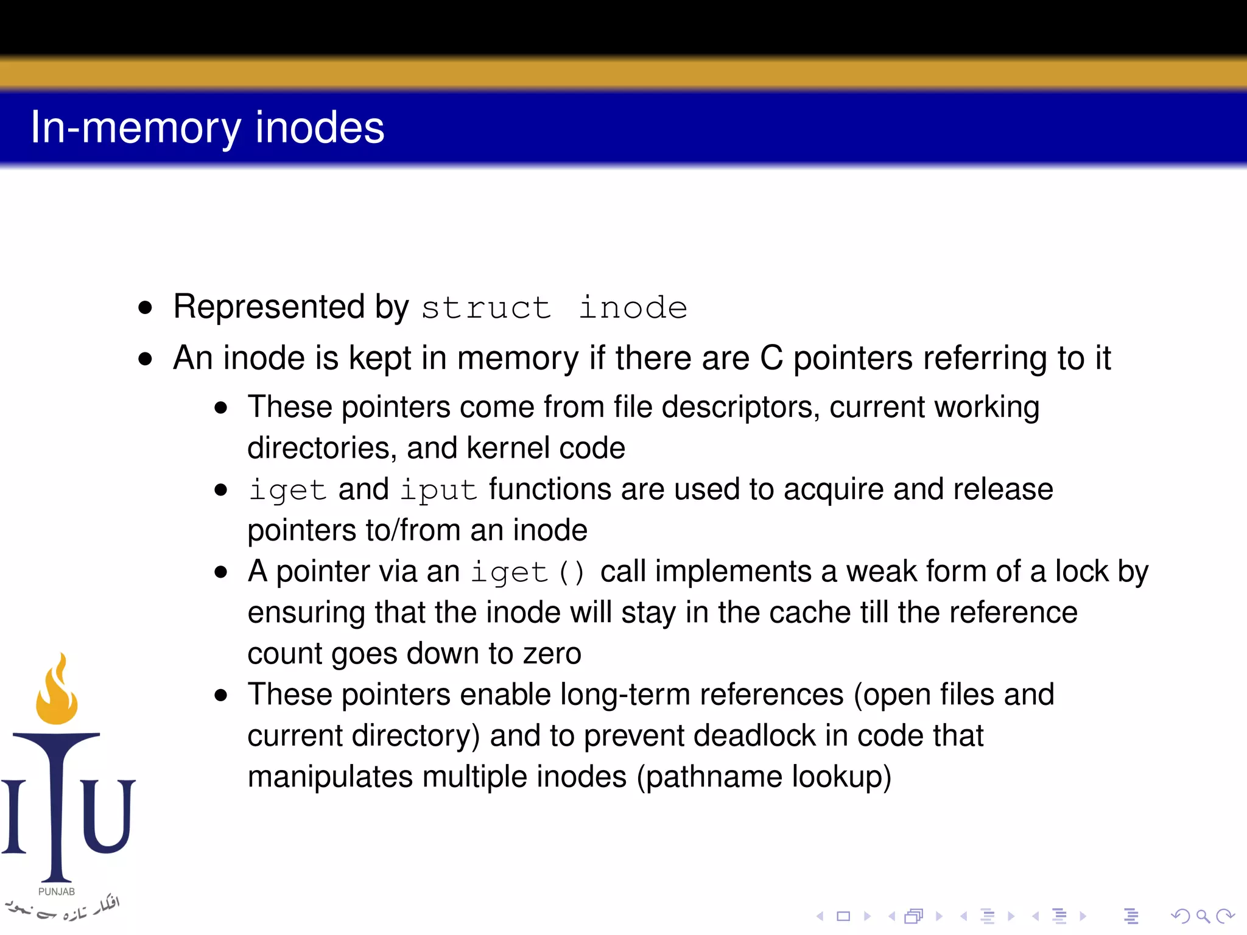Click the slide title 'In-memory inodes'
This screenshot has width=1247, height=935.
pyautogui.click(x=207, y=128)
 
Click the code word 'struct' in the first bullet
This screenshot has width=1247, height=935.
pyautogui.click(x=486, y=307)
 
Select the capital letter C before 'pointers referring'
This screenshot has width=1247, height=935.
pyautogui.click(x=771, y=358)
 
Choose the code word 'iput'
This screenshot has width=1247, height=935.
pyautogui.click(x=438, y=490)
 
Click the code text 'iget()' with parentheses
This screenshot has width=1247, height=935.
pyautogui.click(x=528, y=572)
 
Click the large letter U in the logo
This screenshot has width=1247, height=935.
pyautogui.click(x=107, y=816)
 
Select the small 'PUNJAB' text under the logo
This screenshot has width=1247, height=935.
pyautogui.click(x=57, y=892)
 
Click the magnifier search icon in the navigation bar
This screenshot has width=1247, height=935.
pyautogui.click(x=1203, y=916)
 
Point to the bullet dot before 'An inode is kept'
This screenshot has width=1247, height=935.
pyautogui.click(x=145, y=359)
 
